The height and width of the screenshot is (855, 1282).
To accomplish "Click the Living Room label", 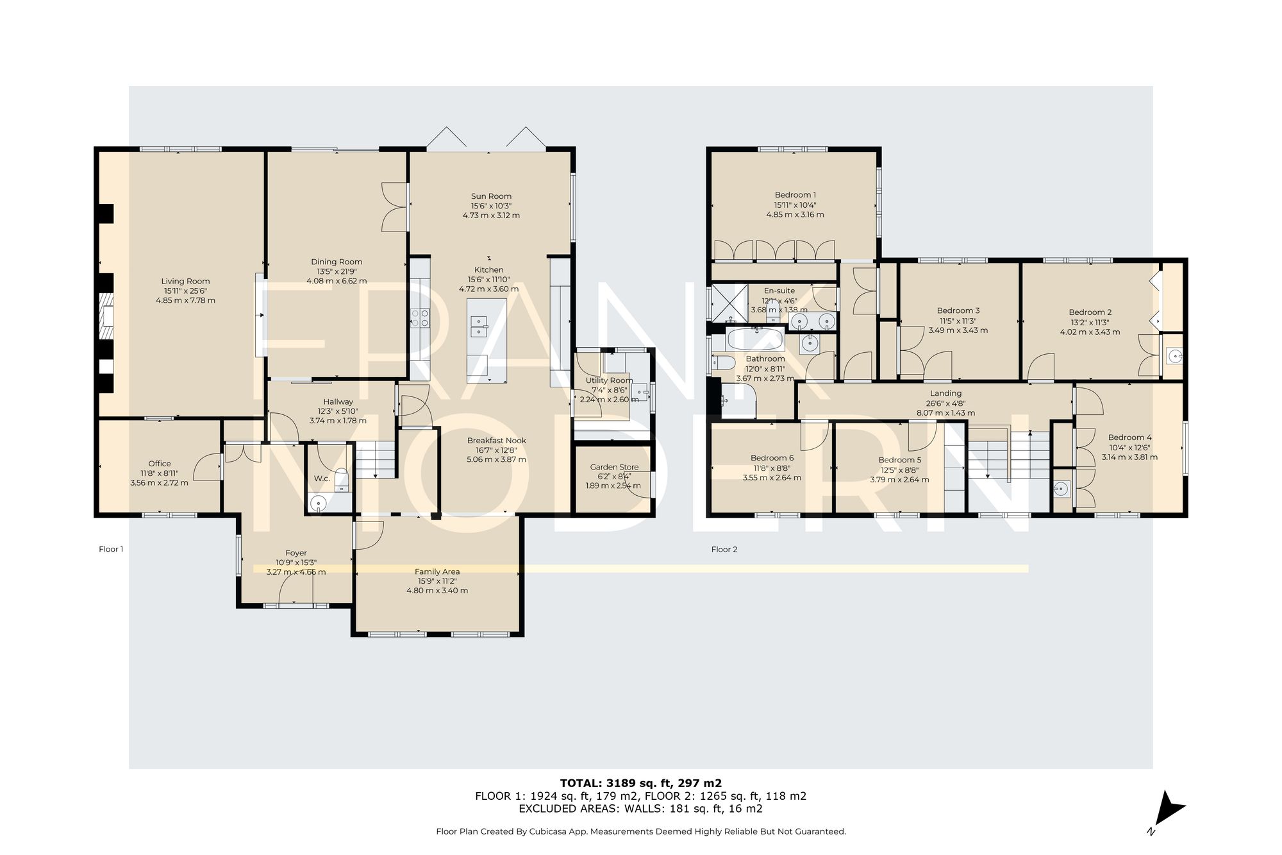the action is pos(185,281).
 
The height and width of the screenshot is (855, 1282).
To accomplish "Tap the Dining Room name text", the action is pos(337,262).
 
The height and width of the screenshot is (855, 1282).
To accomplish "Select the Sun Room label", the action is pos(491,196).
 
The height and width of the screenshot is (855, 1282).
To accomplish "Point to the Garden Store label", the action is pos(614,467).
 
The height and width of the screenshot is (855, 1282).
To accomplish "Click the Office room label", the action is pos(160,464).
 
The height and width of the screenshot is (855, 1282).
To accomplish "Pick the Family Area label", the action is pos(437,571).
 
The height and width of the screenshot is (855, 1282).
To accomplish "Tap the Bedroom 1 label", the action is pos(795,195).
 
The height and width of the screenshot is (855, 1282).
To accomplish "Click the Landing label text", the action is pos(946,393).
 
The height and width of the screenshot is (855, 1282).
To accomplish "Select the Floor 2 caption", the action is pos(724,550).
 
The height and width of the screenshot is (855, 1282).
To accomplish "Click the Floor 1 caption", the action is pos(111,549).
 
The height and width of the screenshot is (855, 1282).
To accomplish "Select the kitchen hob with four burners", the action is pos(420,318).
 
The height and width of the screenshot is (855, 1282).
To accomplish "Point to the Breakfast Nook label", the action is pos(497,441).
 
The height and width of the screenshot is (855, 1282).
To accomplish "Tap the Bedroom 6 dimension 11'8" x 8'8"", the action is pos(772,468).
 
